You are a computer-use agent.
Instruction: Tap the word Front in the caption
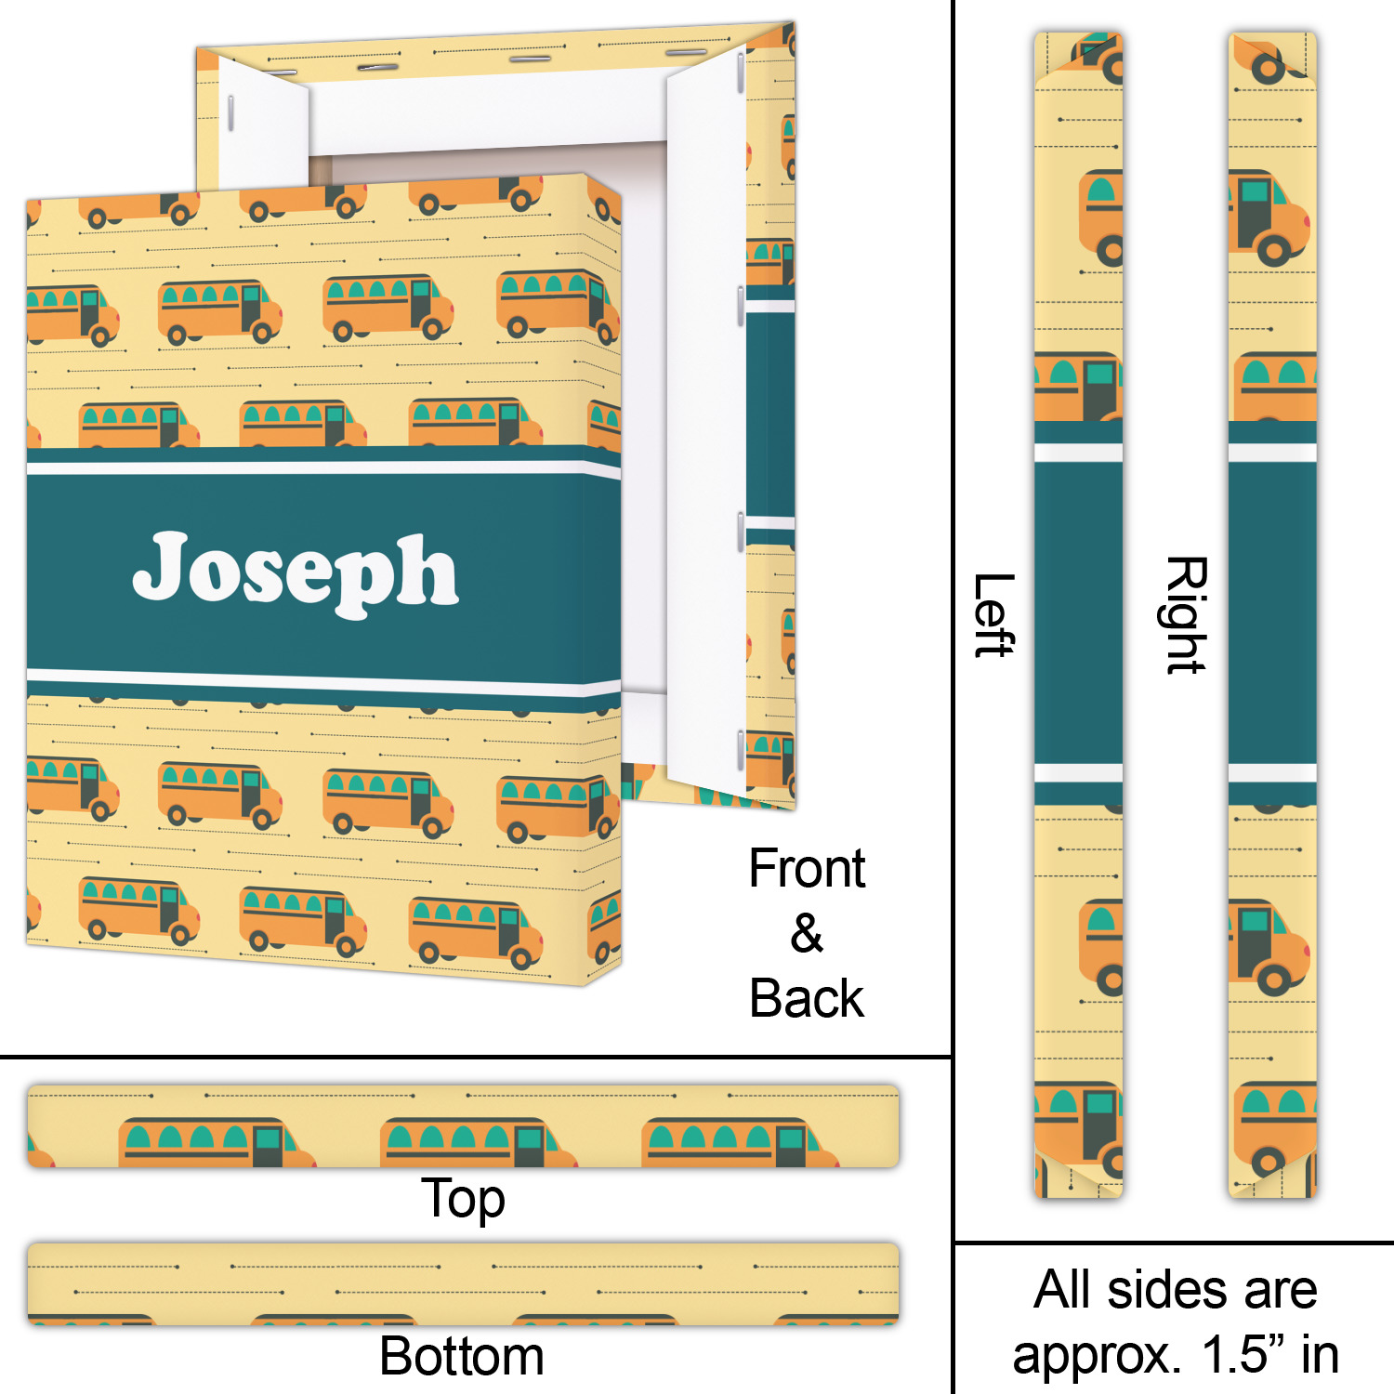point(807,869)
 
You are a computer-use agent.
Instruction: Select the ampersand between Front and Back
point(807,933)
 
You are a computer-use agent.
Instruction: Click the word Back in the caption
point(807,999)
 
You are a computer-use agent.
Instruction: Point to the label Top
point(463,1198)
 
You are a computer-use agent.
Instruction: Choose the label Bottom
point(462,1356)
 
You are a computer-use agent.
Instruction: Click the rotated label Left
point(993,615)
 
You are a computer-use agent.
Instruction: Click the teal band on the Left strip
point(1079,613)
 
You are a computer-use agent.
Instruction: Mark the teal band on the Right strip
point(1272,613)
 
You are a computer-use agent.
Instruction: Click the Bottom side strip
point(463,1282)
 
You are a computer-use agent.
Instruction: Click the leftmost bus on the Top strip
point(215,1143)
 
